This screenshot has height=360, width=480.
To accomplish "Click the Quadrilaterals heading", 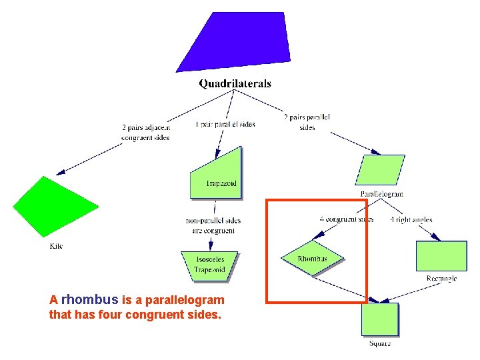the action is tap(235, 84).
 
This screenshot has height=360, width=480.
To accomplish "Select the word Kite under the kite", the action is tap(57, 246).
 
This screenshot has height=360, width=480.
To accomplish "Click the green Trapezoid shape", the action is tap(217, 175).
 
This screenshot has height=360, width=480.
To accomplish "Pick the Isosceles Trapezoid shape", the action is tap(209, 264).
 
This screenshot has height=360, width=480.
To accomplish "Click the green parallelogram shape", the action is tap(381, 170).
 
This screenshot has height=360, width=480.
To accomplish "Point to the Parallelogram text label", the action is tap(382, 194).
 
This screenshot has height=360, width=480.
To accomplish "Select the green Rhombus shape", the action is tap(312, 259).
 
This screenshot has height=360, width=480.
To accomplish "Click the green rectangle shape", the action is tap(441, 255).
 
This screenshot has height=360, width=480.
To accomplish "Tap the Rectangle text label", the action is tap(441, 279).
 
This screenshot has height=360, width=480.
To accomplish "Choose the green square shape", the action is tap(379, 319).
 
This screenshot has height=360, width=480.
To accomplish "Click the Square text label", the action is tap(380, 343).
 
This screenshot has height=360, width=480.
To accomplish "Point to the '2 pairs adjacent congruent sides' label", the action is tap(145, 132).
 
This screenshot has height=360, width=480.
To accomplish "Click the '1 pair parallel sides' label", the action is tap(225, 124).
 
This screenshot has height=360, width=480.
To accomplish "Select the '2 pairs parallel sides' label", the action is tap(307, 122).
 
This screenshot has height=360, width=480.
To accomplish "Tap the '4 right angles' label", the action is tap(411, 219).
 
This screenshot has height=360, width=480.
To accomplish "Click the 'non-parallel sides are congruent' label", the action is tap(213, 225).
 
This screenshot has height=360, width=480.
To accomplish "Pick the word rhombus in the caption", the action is tap(90, 299).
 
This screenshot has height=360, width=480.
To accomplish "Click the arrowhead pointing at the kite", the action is tap(61, 172).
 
